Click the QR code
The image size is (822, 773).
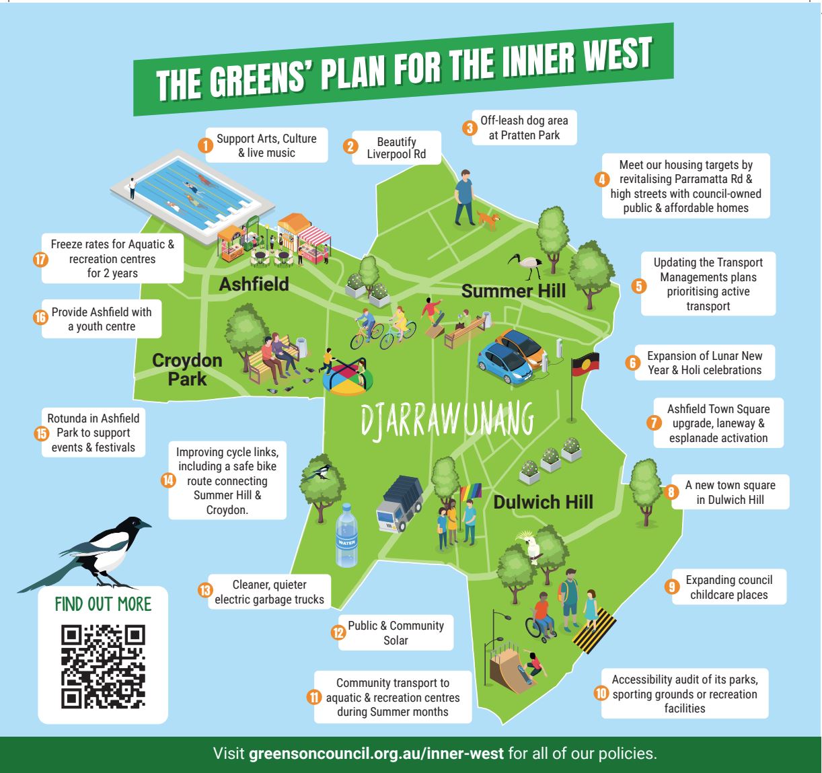[103, 667]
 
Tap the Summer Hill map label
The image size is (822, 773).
[513, 291]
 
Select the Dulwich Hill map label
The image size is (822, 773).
[544, 501]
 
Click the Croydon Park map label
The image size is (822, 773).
[186, 369]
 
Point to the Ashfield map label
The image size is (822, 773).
[254, 284]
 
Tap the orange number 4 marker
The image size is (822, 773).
[602, 179]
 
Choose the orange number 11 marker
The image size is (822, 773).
[314, 697]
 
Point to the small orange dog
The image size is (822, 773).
[488, 219]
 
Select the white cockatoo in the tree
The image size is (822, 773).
[533, 545]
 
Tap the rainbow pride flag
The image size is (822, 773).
[470, 492]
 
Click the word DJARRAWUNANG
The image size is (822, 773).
[447, 420]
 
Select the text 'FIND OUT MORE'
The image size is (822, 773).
[103, 603]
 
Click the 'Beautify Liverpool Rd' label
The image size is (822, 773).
[396, 149]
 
